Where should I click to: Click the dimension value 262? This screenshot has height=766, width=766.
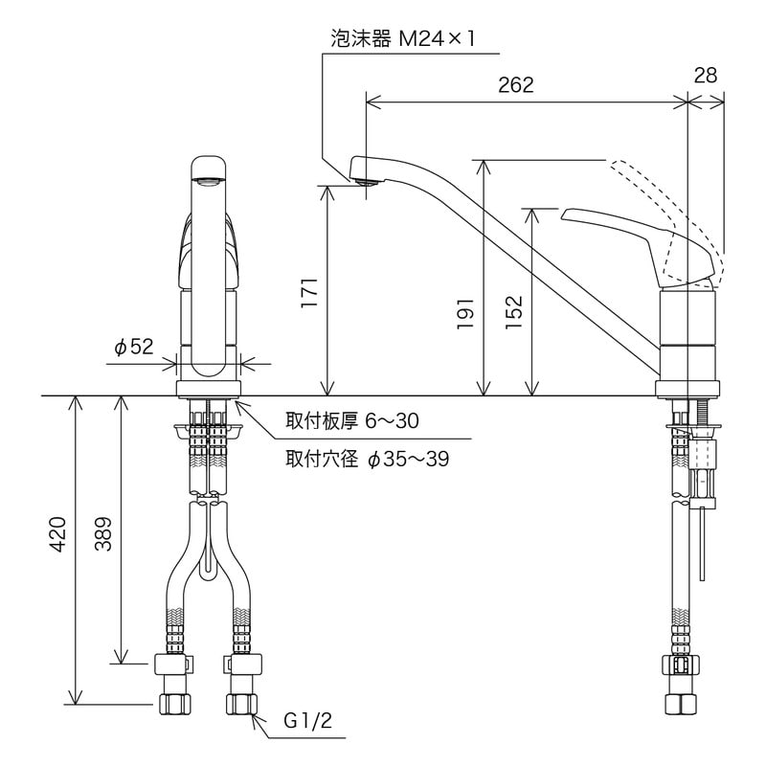515,84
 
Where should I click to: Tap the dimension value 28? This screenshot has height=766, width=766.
706,76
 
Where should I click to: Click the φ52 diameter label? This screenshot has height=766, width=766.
134,348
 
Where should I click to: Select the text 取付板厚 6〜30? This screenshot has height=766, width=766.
351,421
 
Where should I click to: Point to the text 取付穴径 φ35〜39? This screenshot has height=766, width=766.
367,459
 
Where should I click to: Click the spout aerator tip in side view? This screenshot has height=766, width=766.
362,178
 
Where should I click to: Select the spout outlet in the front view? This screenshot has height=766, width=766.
208,178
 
